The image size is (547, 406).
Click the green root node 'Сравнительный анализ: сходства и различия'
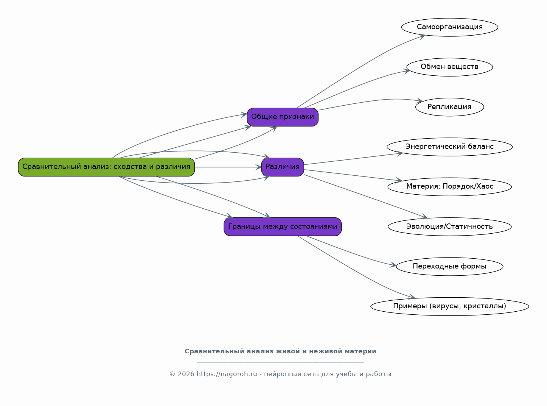click(x=106, y=167)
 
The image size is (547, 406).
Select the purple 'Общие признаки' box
click(x=283, y=117)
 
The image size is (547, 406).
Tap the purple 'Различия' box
click(x=283, y=167)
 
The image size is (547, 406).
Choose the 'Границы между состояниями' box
click(x=283, y=227)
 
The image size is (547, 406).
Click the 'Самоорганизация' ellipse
click(x=449, y=27)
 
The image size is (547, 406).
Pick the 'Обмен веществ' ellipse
click(x=449, y=67)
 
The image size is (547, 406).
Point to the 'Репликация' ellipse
click(x=449, y=107)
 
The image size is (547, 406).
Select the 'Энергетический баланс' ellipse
click(x=449, y=147)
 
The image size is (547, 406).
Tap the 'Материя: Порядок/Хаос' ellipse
click(x=449, y=187)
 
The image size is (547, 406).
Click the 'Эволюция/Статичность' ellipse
click(x=449, y=227)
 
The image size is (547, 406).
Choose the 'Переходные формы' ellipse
click(x=449, y=267)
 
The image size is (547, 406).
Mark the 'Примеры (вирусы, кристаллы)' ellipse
click(x=449, y=306)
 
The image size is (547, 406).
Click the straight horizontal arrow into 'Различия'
click(x=228, y=167)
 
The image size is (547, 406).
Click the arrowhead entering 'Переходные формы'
click(x=393, y=265)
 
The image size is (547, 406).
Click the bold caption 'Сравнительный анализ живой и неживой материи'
click(x=280, y=351)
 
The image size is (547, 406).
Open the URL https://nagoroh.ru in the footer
click(x=227, y=374)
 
